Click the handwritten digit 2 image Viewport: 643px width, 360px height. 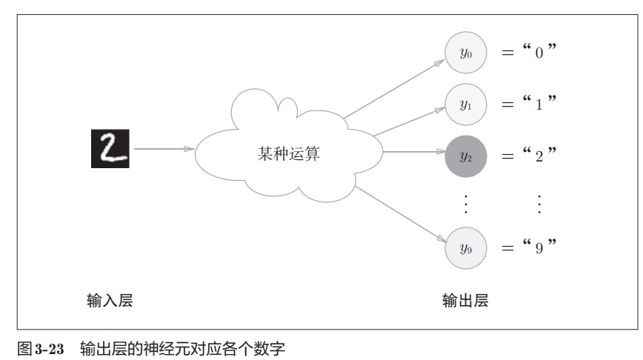point(110,148)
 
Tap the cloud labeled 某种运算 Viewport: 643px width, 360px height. point(289,152)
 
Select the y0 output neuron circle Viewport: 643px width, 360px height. point(466,53)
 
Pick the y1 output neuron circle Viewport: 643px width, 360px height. point(466,104)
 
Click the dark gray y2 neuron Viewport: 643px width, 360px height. point(466,156)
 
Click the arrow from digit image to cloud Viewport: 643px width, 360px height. point(164,149)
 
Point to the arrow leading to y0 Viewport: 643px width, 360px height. point(393,89)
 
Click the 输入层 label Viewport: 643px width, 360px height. point(110,301)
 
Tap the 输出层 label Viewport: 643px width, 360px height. point(466,301)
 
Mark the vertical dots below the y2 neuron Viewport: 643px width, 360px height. point(466,202)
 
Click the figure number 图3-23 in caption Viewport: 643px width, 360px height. point(41,347)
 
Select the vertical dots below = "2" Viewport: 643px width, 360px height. point(539,202)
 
